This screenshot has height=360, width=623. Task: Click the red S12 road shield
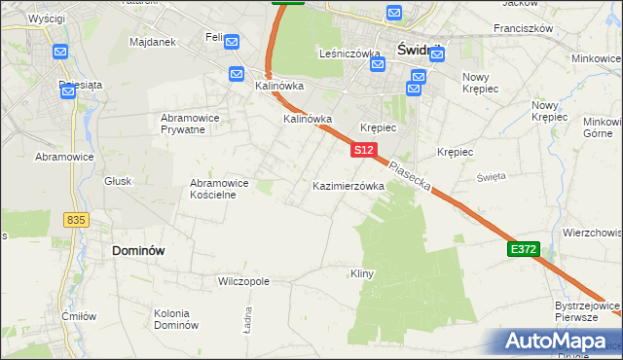363,150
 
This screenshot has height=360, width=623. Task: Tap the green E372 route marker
523,250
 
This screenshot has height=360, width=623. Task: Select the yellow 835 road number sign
77,220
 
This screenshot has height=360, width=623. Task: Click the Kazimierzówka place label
348,185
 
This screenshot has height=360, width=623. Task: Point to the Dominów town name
138,250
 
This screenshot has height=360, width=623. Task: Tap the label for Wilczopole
243,281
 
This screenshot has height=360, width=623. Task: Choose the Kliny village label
362,274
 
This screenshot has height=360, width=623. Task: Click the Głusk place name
118,180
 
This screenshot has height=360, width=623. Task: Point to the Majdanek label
152,43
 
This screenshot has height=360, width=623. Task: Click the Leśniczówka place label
349,54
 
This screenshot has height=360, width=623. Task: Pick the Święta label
491,176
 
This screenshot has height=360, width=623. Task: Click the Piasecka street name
408,175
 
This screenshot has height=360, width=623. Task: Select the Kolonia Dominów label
176,319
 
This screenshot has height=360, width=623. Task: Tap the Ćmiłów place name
78,315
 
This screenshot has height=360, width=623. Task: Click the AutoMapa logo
559,342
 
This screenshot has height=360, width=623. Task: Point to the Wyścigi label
47,18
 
